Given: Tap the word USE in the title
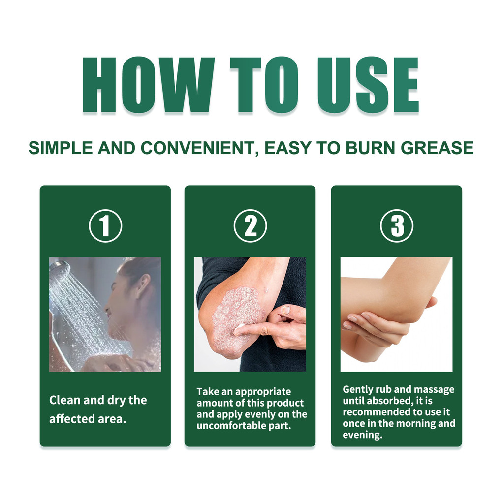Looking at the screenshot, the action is (x=368, y=85).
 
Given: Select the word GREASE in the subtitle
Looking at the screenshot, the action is (x=437, y=148).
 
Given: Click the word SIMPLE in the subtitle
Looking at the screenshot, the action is (x=61, y=148).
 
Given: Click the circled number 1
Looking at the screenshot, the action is (x=105, y=225).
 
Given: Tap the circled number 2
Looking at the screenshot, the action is (x=250, y=225).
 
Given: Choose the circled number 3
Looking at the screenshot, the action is (x=397, y=225).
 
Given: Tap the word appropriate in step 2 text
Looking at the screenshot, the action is (x=263, y=392).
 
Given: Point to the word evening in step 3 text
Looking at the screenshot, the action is (x=363, y=435).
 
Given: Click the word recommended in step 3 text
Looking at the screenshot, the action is (x=377, y=412).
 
